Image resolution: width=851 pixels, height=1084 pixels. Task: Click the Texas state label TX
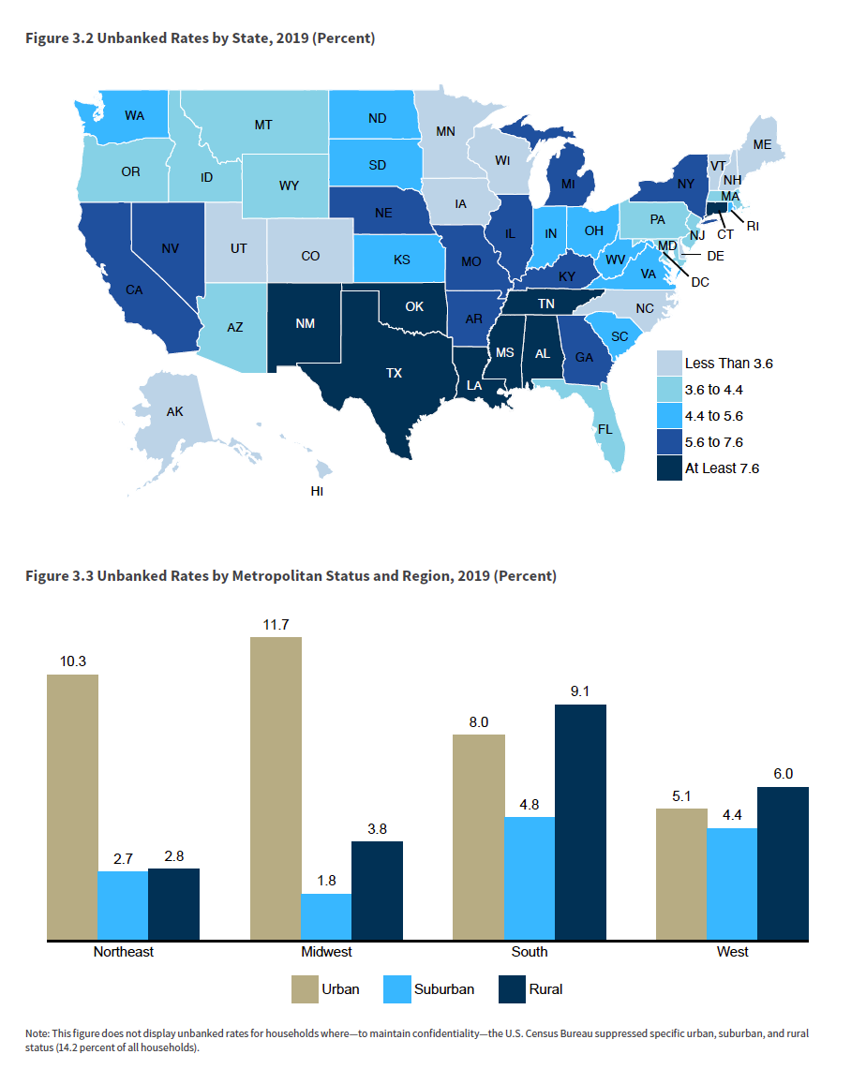tap(394, 373)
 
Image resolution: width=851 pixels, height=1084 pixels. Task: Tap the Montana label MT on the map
tap(263, 124)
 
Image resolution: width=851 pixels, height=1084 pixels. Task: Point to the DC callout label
tap(700, 281)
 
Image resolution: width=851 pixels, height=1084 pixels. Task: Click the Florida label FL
tap(604, 431)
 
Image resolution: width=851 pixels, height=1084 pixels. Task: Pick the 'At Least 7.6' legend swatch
tap(668, 468)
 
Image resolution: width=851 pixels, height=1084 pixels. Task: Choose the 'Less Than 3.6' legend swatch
tap(668, 363)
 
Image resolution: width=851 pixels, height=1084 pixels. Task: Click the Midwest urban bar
tap(276, 788)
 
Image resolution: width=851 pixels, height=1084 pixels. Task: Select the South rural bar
tap(581, 822)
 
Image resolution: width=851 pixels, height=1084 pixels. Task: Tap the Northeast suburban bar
tap(122, 905)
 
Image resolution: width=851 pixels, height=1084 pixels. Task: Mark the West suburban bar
tap(732, 884)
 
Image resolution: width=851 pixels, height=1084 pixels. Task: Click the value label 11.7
tap(276, 623)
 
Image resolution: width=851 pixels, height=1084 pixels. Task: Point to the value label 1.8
tap(326, 880)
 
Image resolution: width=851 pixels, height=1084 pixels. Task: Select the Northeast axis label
tap(123, 952)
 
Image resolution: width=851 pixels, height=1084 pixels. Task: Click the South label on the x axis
tap(530, 952)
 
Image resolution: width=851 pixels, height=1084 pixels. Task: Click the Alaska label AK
tap(174, 411)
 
